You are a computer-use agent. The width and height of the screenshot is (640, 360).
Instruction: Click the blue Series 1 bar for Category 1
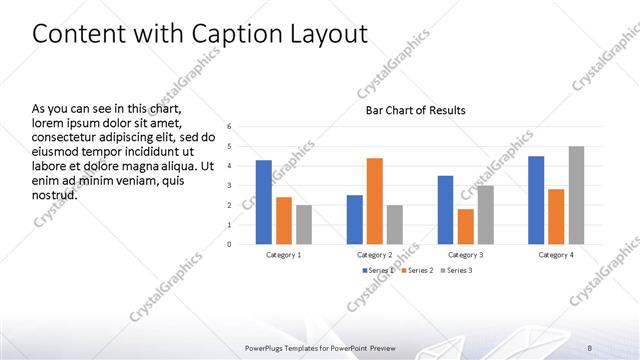[264, 202]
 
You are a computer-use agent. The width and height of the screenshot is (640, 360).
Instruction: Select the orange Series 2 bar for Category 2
[374, 201]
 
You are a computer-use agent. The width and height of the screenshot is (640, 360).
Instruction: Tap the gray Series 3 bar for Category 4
[576, 195]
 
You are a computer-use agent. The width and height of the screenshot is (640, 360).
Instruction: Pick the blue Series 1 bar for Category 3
[445, 210]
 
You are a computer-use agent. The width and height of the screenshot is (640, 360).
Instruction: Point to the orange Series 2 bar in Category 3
[465, 226]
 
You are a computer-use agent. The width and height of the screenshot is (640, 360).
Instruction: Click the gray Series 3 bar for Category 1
[304, 224]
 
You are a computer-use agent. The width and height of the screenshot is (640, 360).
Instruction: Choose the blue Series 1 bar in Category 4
[536, 200]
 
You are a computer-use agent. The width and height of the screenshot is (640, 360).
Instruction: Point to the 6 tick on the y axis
[229, 127]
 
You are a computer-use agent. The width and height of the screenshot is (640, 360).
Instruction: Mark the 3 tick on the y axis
[229, 185]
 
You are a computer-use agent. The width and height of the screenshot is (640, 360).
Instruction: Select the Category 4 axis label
[556, 255]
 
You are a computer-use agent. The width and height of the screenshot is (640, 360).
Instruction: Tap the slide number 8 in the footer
[589, 347]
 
